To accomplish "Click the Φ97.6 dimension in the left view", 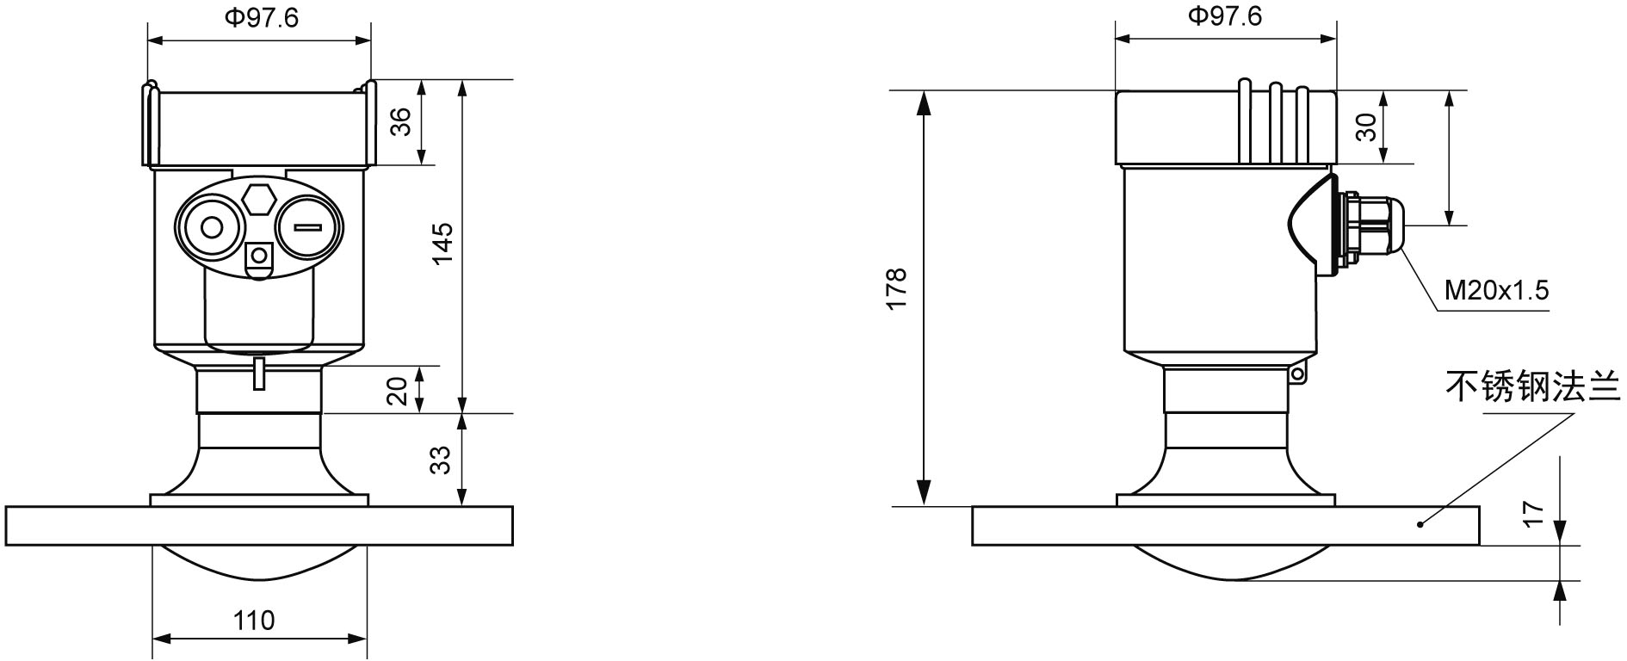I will click(x=262, y=18).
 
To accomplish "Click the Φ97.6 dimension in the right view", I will click(x=1225, y=16).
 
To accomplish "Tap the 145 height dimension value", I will click(x=442, y=244).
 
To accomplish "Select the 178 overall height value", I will click(x=896, y=289).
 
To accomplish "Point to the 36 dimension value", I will click(x=401, y=121).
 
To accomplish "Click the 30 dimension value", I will click(x=1366, y=127).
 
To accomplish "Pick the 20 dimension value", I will click(x=397, y=392).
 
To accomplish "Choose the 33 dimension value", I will click(x=441, y=460).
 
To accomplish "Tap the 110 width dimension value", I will click(x=254, y=620).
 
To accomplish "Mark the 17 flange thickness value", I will click(x=1534, y=515).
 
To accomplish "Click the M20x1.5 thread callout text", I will click(x=1496, y=291).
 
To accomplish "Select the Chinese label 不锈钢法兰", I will click(x=1531, y=386).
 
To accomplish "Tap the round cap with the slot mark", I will click(x=309, y=227).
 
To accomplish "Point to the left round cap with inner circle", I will click(x=211, y=228).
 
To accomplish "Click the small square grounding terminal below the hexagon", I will click(x=258, y=256).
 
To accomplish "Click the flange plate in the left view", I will click(x=258, y=525).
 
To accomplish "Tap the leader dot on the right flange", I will click(x=1420, y=523).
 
